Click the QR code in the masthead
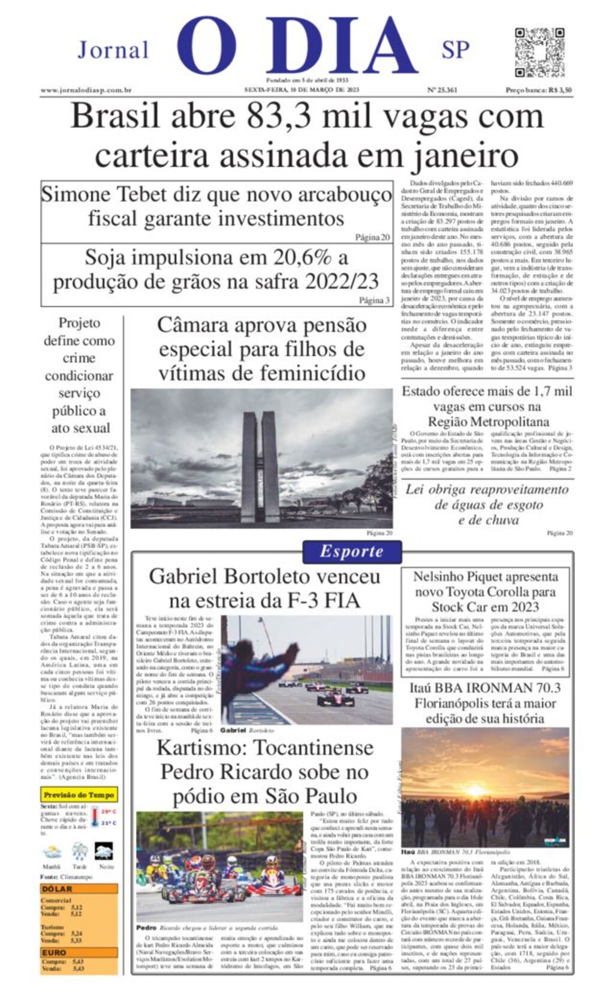[539, 52]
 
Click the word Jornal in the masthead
[113, 50]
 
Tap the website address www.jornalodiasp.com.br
[86, 91]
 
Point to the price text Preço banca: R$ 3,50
[538, 91]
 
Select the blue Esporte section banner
[351, 552]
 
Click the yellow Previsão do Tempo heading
[79, 795]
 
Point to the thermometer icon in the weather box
[94, 817]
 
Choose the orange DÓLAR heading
[58, 889]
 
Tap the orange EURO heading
[54, 952]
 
